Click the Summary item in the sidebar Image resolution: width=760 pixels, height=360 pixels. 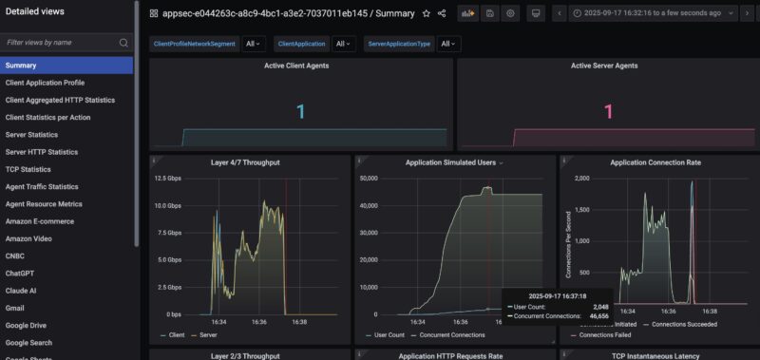coord(21,65)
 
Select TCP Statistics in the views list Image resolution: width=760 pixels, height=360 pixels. coord(28,169)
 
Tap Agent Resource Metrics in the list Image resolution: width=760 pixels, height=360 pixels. coord(44,204)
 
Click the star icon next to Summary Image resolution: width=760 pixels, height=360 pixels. coord(426,13)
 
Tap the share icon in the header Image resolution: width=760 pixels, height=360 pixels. coord(442,13)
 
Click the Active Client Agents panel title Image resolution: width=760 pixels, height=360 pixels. coord(300,66)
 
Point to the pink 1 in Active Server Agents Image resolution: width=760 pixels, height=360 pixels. coord(608,112)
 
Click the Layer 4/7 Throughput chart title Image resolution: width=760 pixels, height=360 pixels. coord(245,162)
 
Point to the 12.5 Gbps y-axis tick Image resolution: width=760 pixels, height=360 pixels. coord(168,179)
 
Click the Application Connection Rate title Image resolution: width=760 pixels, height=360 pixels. coord(655,162)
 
